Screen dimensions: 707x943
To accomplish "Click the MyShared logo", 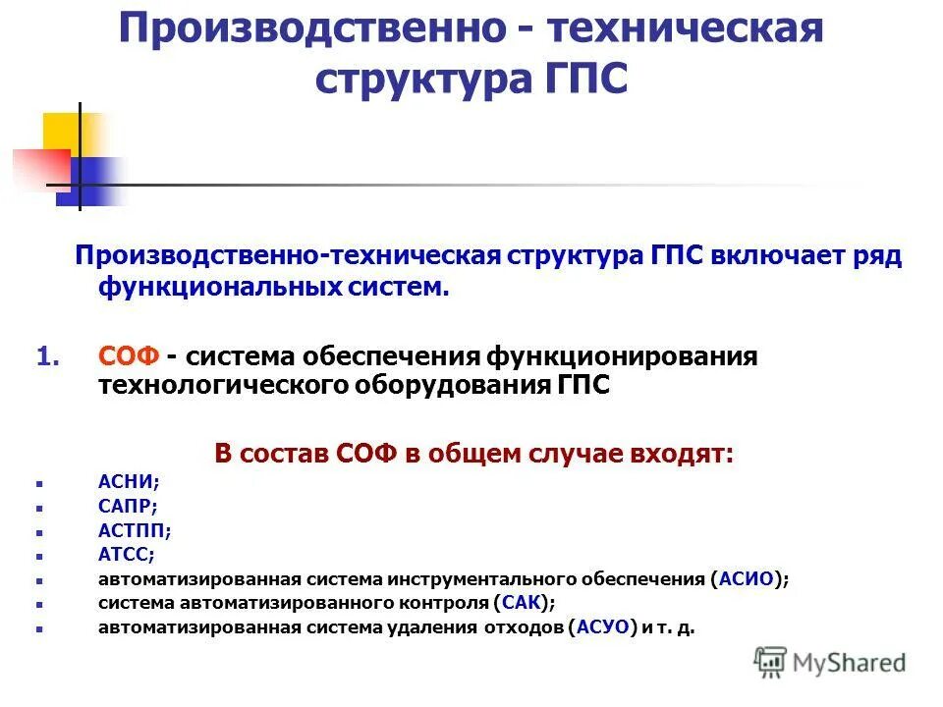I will [829, 662].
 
